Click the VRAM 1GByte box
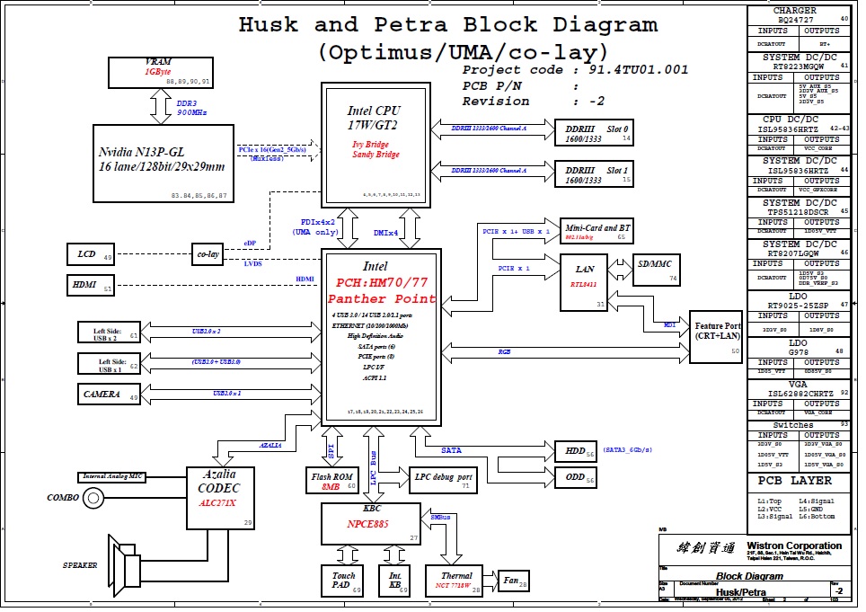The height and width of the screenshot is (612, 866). pos(159,72)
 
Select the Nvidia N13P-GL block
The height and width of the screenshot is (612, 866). pos(162,162)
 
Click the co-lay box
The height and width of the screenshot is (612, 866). pos(208,254)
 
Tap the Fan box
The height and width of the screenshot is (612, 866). pos(513,581)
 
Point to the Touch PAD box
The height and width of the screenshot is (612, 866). pos(342,580)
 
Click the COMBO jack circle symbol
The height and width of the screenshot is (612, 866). pos(92,497)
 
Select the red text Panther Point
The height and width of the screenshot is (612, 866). pos(382,298)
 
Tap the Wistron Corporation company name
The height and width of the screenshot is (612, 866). pos(795,545)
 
